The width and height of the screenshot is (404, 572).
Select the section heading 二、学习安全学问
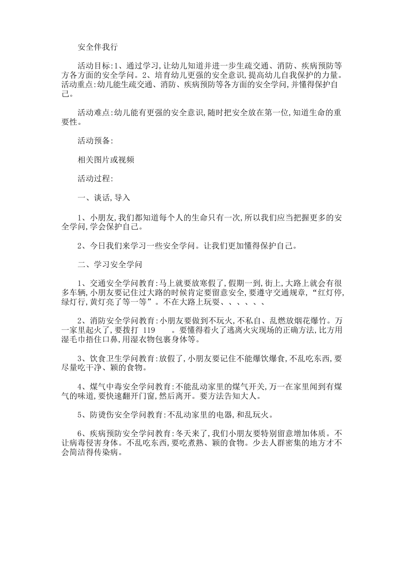(x=110, y=264)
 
